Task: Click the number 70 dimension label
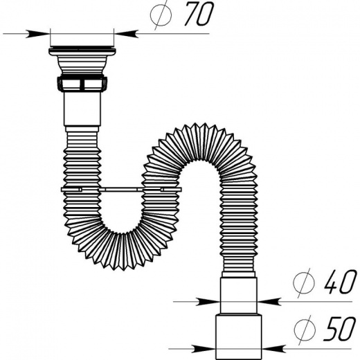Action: coord(199,14)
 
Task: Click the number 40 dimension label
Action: coord(339,282)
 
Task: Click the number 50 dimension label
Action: coord(339,329)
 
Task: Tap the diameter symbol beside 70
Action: coord(161,15)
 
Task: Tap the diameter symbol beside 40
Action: coord(304,283)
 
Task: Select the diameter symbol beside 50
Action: coord(304,330)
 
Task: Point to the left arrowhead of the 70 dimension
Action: coord(38,34)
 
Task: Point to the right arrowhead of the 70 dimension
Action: coord(126,33)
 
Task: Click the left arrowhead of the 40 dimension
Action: coord(208,302)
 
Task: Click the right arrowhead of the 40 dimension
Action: coord(268,302)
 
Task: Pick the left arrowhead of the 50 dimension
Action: coord(204,349)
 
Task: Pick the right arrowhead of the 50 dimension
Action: coord(274,349)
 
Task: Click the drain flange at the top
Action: coord(82,51)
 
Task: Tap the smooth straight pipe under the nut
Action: coord(82,109)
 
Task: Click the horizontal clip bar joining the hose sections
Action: coord(121,190)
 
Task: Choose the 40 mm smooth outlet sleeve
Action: coord(239,296)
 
